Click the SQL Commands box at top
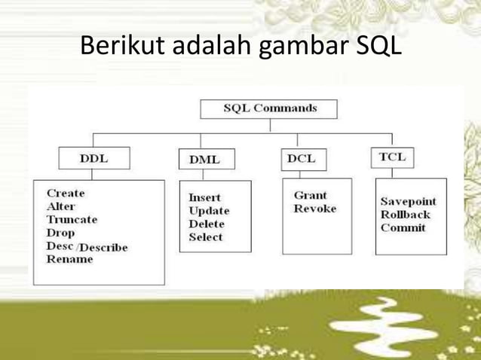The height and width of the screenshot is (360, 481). (x=269, y=108)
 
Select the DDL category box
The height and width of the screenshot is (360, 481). (x=93, y=159)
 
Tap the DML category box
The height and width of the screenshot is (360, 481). (x=205, y=160)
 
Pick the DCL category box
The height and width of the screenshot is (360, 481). (x=301, y=159)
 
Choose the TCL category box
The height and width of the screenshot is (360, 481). (x=392, y=157)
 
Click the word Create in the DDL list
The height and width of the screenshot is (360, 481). (x=66, y=193)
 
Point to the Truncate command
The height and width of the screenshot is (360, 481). (x=72, y=219)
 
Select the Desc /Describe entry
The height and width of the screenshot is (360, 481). (x=87, y=246)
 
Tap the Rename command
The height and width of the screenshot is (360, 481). (x=69, y=259)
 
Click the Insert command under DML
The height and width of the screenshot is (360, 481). (x=204, y=197)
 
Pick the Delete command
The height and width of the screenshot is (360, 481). (x=207, y=224)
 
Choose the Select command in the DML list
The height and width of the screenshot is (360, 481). (x=206, y=236)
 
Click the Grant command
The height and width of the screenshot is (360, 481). (x=310, y=195)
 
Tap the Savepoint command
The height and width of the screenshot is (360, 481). (x=408, y=201)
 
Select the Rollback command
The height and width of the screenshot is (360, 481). (x=405, y=215)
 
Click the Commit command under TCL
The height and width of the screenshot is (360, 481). (x=403, y=227)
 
